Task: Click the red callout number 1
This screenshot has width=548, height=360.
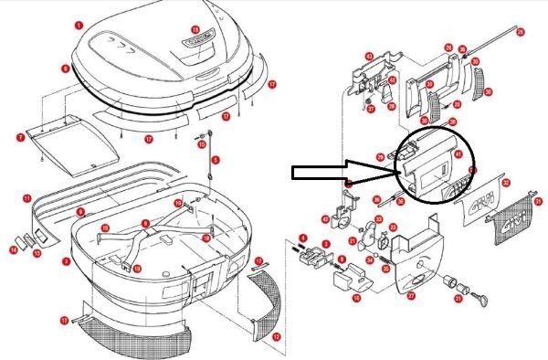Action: coord(79,26)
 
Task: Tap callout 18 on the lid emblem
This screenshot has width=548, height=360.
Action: coord(195,29)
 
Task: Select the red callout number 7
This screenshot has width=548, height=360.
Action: coord(20,137)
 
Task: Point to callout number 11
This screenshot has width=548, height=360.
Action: coord(27,197)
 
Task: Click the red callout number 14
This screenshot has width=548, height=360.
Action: coord(14,249)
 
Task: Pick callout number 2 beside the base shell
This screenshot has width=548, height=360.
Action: coord(66,261)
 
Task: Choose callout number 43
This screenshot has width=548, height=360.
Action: coord(369,57)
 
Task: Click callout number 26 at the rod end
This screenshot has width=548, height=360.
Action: coord(521,32)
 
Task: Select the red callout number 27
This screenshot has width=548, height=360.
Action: coord(410,294)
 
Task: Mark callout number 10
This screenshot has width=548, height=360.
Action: coord(356,298)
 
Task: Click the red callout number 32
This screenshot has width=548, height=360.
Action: coord(506,183)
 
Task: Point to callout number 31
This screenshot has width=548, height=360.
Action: coord(538,201)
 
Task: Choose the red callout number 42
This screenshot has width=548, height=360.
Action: coord(325,219)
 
